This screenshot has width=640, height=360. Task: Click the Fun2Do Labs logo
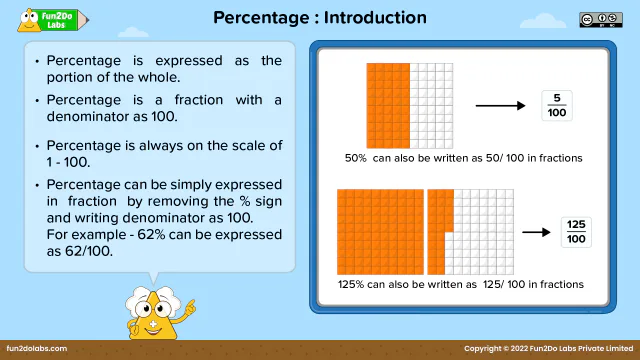coord(45,19)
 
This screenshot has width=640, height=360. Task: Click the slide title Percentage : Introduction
coord(320,18)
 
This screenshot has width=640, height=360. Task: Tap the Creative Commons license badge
coord(593,19)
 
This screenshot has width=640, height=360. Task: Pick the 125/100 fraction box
coord(576,232)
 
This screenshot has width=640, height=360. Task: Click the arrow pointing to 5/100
coord(500,105)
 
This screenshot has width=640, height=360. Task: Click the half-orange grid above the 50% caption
coord(410,105)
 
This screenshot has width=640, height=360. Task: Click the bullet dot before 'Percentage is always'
coord(37,146)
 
